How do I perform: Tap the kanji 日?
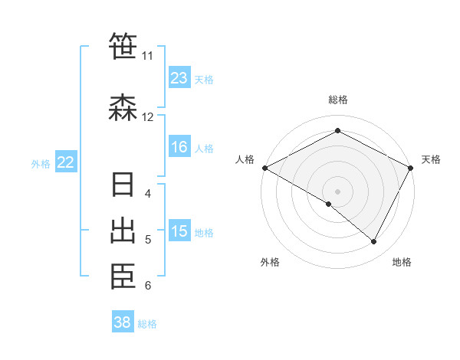[x=123, y=186]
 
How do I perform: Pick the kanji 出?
[x=123, y=231]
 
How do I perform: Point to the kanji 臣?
[x=123, y=277]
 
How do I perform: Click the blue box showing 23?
[x=179, y=78]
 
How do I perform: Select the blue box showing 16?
[x=179, y=148]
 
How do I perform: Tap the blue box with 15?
[x=179, y=232]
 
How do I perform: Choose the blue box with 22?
[x=66, y=162]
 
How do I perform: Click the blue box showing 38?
[x=123, y=322]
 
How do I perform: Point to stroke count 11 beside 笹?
[x=147, y=56]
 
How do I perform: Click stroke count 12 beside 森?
[x=147, y=117]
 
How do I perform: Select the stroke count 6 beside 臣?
[x=148, y=286]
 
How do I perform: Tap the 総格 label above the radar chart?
[x=338, y=100]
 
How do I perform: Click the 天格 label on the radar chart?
[x=431, y=159]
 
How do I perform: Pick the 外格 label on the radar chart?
[x=270, y=262]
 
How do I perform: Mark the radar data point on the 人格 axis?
[x=264, y=168]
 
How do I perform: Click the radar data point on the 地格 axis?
[x=374, y=241]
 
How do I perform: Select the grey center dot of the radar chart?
[x=337, y=191]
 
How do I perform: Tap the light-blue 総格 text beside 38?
[x=147, y=324]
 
